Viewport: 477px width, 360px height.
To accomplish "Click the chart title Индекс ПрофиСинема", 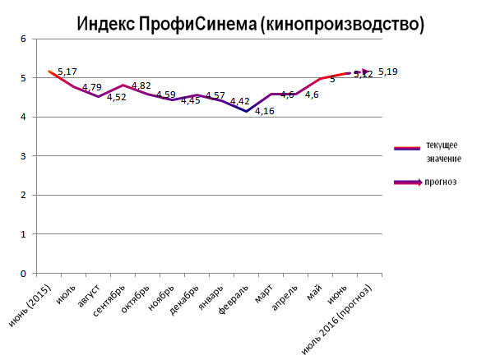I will click(x=250, y=24).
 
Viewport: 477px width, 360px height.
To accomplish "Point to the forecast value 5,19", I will click(x=388, y=72).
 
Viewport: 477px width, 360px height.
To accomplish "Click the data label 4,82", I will click(x=141, y=85).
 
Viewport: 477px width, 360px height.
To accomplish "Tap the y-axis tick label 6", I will click(x=24, y=39).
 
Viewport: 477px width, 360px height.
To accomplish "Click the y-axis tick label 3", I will click(x=24, y=156).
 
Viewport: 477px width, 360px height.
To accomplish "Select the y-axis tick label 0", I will click(x=24, y=274).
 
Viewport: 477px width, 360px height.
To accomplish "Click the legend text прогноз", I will click(x=442, y=181).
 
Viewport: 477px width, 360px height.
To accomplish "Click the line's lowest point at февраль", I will click(x=245, y=111).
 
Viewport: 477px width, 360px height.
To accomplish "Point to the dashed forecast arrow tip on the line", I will click(x=366, y=72).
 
